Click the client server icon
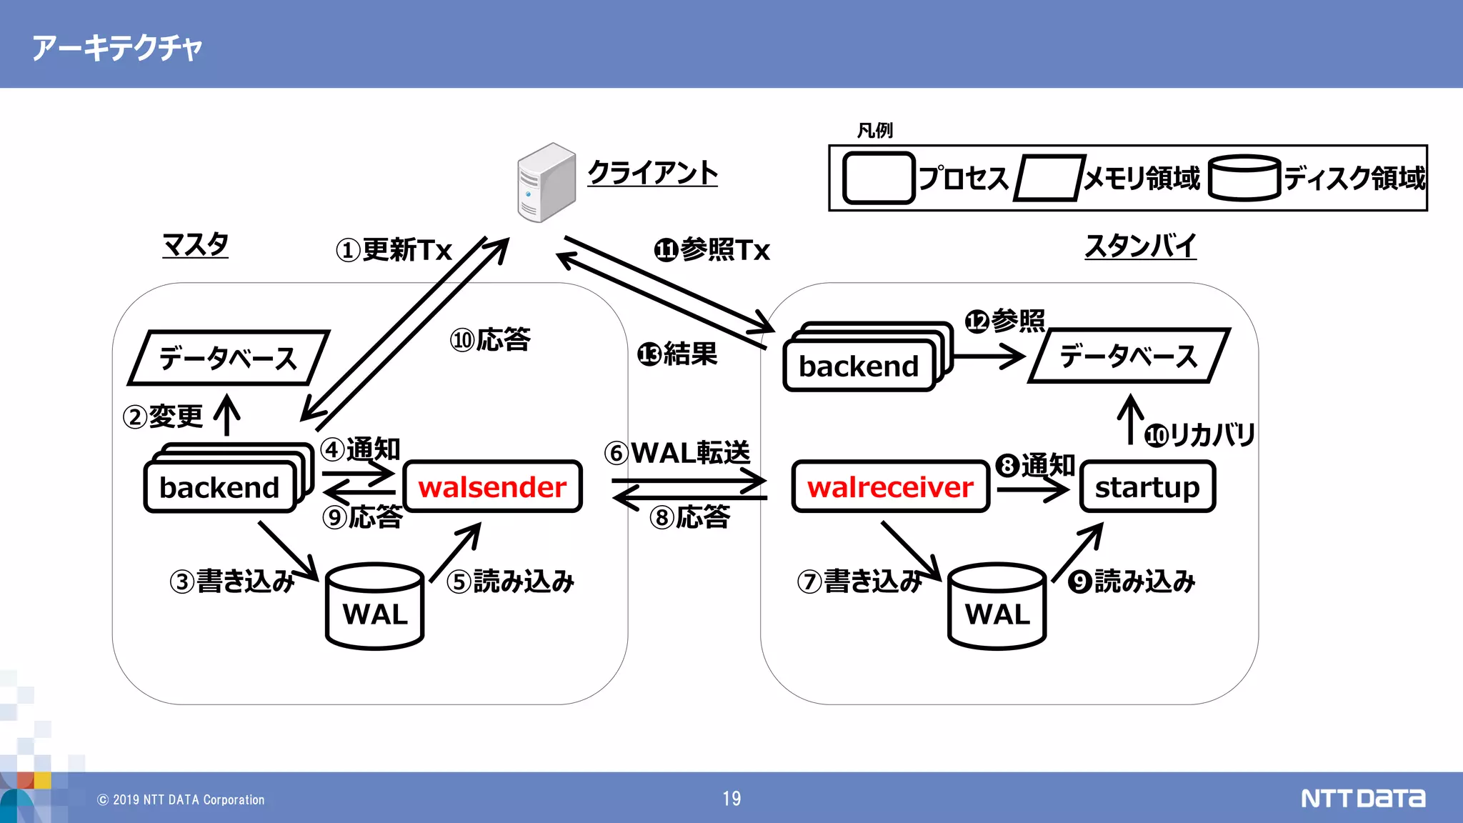546,182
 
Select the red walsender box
493,487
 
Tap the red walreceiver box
890,487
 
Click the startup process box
1147,487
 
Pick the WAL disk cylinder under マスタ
375,607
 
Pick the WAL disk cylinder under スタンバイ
997,607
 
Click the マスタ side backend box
220,487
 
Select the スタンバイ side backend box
859,366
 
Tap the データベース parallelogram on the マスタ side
229,357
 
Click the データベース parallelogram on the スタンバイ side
1129,356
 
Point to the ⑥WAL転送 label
677,452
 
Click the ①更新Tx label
394,250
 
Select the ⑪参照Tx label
712,250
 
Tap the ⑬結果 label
677,354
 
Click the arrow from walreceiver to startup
1033,490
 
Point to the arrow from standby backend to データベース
989,356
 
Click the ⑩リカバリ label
1200,434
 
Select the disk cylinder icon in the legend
1244,178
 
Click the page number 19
731,799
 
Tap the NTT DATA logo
1362,798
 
